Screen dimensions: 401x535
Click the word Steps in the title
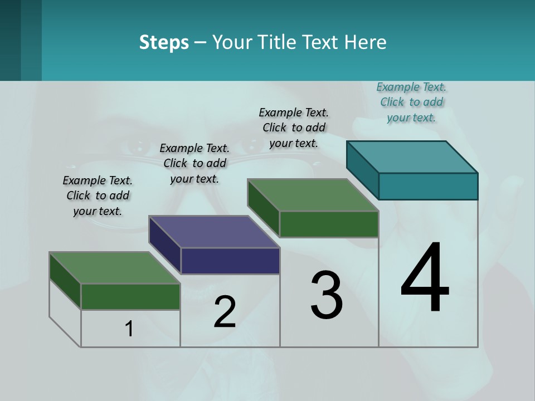pyautogui.click(x=164, y=42)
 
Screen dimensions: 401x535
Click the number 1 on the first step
pyautogui.click(x=129, y=329)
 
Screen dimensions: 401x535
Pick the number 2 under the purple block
pyautogui.click(x=225, y=312)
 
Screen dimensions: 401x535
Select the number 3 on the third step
pyautogui.click(x=327, y=295)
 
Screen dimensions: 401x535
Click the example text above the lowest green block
pyautogui.click(x=98, y=195)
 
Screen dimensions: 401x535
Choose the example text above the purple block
pyautogui.click(x=194, y=163)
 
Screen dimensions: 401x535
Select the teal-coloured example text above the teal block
pyautogui.click(x=411, y=102)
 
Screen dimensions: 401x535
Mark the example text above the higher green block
pyautogui.click(x=294, y=128)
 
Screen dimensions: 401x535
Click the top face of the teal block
pyautogui.click(x=412, y=157)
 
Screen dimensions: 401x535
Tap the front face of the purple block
pyautogui.click(x=230, y=261)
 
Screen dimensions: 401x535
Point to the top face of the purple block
pyautogui.click(x=215, y=232)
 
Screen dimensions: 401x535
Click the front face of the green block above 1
pyautogui.click(x=130, y=296)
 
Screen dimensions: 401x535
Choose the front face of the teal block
pyautogui.click(x=428, y=186)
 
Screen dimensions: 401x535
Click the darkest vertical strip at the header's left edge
pyautogui.click(x=10, y=40)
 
